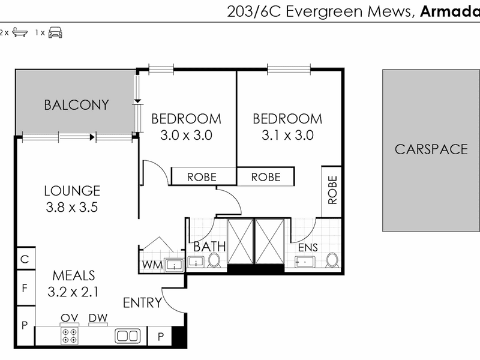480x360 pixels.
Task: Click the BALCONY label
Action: coord(77,105)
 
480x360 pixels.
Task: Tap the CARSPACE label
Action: coord(431,149)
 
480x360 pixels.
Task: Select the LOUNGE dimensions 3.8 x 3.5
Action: coord(72,207)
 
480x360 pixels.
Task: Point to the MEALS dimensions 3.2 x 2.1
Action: coord(73,292)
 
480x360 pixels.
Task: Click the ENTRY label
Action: coord(142,303)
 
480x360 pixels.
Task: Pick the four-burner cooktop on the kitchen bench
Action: coord(69,336)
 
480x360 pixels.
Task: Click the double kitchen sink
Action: coord(128,336)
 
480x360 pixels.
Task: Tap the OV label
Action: coord(70,318)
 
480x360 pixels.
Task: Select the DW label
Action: coord(98,318)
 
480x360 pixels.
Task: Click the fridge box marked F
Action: coord(25,288)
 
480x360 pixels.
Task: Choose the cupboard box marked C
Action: coord(25,259)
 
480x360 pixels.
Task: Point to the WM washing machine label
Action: coord(152,265)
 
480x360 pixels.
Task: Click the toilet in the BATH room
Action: coord(214,260)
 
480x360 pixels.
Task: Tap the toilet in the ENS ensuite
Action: coord(332,260)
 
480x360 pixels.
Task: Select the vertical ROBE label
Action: coord(332,190)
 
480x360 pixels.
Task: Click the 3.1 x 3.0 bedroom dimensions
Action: coord(287,135)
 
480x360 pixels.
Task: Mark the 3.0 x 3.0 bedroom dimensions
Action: coord(186,135)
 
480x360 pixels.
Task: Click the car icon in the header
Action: coord(55,32)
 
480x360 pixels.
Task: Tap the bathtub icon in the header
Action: coord(20,32)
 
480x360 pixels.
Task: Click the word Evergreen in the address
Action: coord(325,12)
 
